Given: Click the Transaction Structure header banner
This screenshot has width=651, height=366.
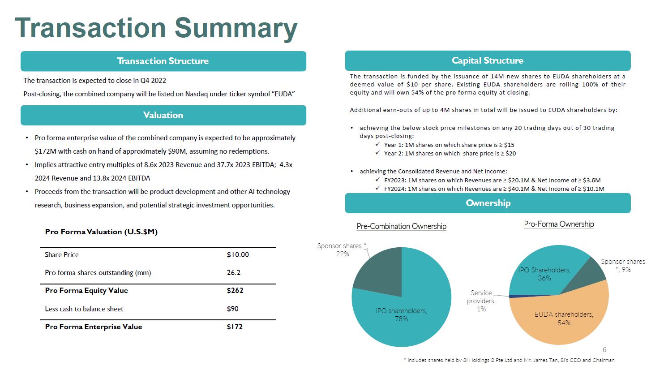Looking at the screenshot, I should (x=163, y=61).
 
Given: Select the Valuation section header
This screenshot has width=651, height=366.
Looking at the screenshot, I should (x=163, y=115).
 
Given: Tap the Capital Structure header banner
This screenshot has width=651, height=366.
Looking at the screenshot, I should (x=488, y=60).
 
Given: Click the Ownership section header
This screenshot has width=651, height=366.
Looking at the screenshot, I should (x=488, y=203).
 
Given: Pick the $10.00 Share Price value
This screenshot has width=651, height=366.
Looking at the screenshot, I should (x=238, y=255).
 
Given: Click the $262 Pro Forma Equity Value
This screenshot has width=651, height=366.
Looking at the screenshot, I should (x=235, y=291).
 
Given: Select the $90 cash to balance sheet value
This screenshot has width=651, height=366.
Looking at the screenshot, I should (x=233, y=309).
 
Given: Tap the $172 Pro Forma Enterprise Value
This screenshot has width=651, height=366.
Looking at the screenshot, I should (x=235, y=327).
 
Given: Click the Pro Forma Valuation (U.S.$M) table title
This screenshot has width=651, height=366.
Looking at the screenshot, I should (x=101, y=232).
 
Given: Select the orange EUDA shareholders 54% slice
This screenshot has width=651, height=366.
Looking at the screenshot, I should (x=560, y=323).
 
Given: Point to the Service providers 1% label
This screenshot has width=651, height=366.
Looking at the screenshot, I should (x=481, y=301).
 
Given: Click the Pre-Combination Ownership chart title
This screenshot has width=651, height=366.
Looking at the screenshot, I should (x=401, y=226).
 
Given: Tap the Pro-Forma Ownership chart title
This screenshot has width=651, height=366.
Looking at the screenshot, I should (x=559, y=224).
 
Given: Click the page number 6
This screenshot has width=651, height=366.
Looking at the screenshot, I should (x=604, y=350).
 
